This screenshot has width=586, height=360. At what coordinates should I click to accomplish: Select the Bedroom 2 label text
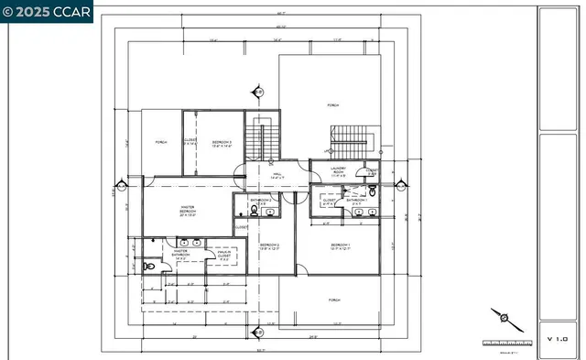pyautogui.click(x=268, y=246)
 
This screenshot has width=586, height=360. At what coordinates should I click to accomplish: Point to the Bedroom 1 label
pyautogui.click(x=341, y=246)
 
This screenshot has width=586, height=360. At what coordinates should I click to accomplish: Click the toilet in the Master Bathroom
pyautogui.click(x=150, y=267)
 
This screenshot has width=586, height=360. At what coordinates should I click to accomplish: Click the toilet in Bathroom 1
pyautogui.click(x=374, y=191)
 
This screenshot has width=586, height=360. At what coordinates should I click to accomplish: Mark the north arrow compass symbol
pyautogui.click(x=505, y=320)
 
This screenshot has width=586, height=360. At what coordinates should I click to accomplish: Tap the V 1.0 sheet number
pyautogui.click(x=557, y=338)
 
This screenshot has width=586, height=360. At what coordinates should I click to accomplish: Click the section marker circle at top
pyautogui.click(x=258, y=91)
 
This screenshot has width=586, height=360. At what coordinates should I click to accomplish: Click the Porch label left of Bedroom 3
pyautogui.click(x=161, y=143)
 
